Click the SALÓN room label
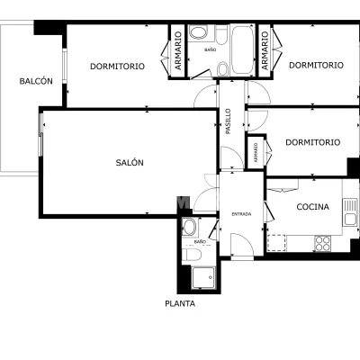coord(130,163)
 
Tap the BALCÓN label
coord(36,81)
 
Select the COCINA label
coord(312,207)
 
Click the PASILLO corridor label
coord(229,121)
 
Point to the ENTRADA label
coord(241,214)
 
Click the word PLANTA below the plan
coord(180,303)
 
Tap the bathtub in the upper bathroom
coord(242,49)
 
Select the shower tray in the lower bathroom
coord(203,277)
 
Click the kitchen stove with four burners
coord(322,243)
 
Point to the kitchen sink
coord(350,212)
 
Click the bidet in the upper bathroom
coord(222,68)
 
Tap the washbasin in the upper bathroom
coord(199,33)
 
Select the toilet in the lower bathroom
coord(192,255)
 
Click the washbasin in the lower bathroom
coord(189,227)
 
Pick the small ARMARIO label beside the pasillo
coord(256,152)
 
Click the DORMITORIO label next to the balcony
coord(117,67)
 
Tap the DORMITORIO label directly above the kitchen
coord(312,142)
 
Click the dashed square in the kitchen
coord(276,243)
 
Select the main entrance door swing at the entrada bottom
coord(242,245)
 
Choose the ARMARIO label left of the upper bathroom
coord(178,51)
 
